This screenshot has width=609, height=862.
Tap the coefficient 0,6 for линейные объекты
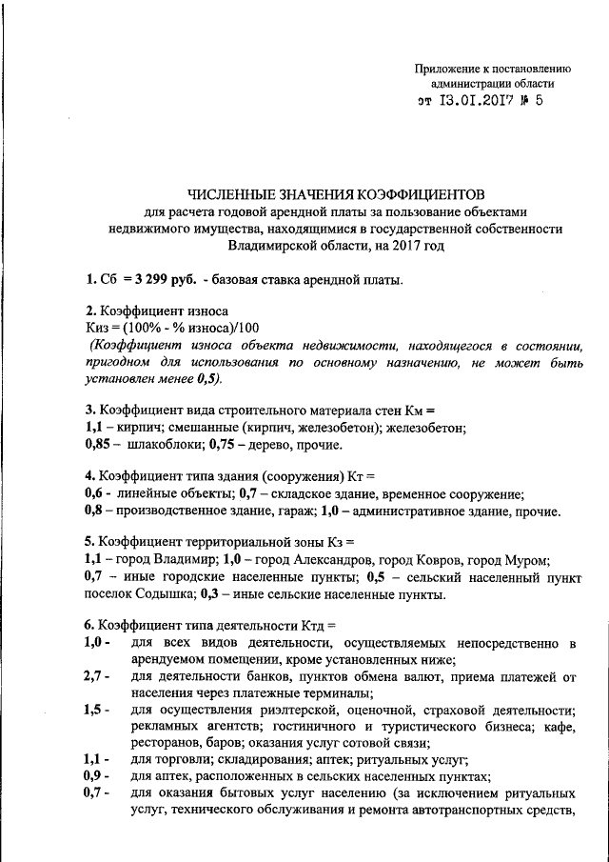93,494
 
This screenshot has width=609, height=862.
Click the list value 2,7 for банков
94,677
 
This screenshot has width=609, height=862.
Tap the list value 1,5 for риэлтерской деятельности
94,711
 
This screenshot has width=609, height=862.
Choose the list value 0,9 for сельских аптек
94,776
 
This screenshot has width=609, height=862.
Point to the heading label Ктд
306,627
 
